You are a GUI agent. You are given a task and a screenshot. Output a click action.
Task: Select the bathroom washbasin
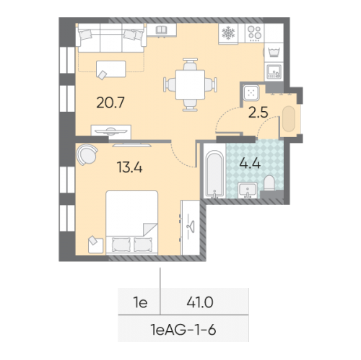click(248, 189)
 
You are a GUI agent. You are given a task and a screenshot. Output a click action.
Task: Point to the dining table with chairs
click(190, 84)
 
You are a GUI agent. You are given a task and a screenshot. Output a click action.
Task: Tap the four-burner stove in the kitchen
click(255, 32)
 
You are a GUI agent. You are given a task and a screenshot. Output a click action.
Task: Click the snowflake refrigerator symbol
click(227, 33)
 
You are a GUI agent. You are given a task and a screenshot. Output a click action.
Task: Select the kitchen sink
click(274, 71)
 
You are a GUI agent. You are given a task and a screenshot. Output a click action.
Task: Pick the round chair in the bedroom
click(88, 153)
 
